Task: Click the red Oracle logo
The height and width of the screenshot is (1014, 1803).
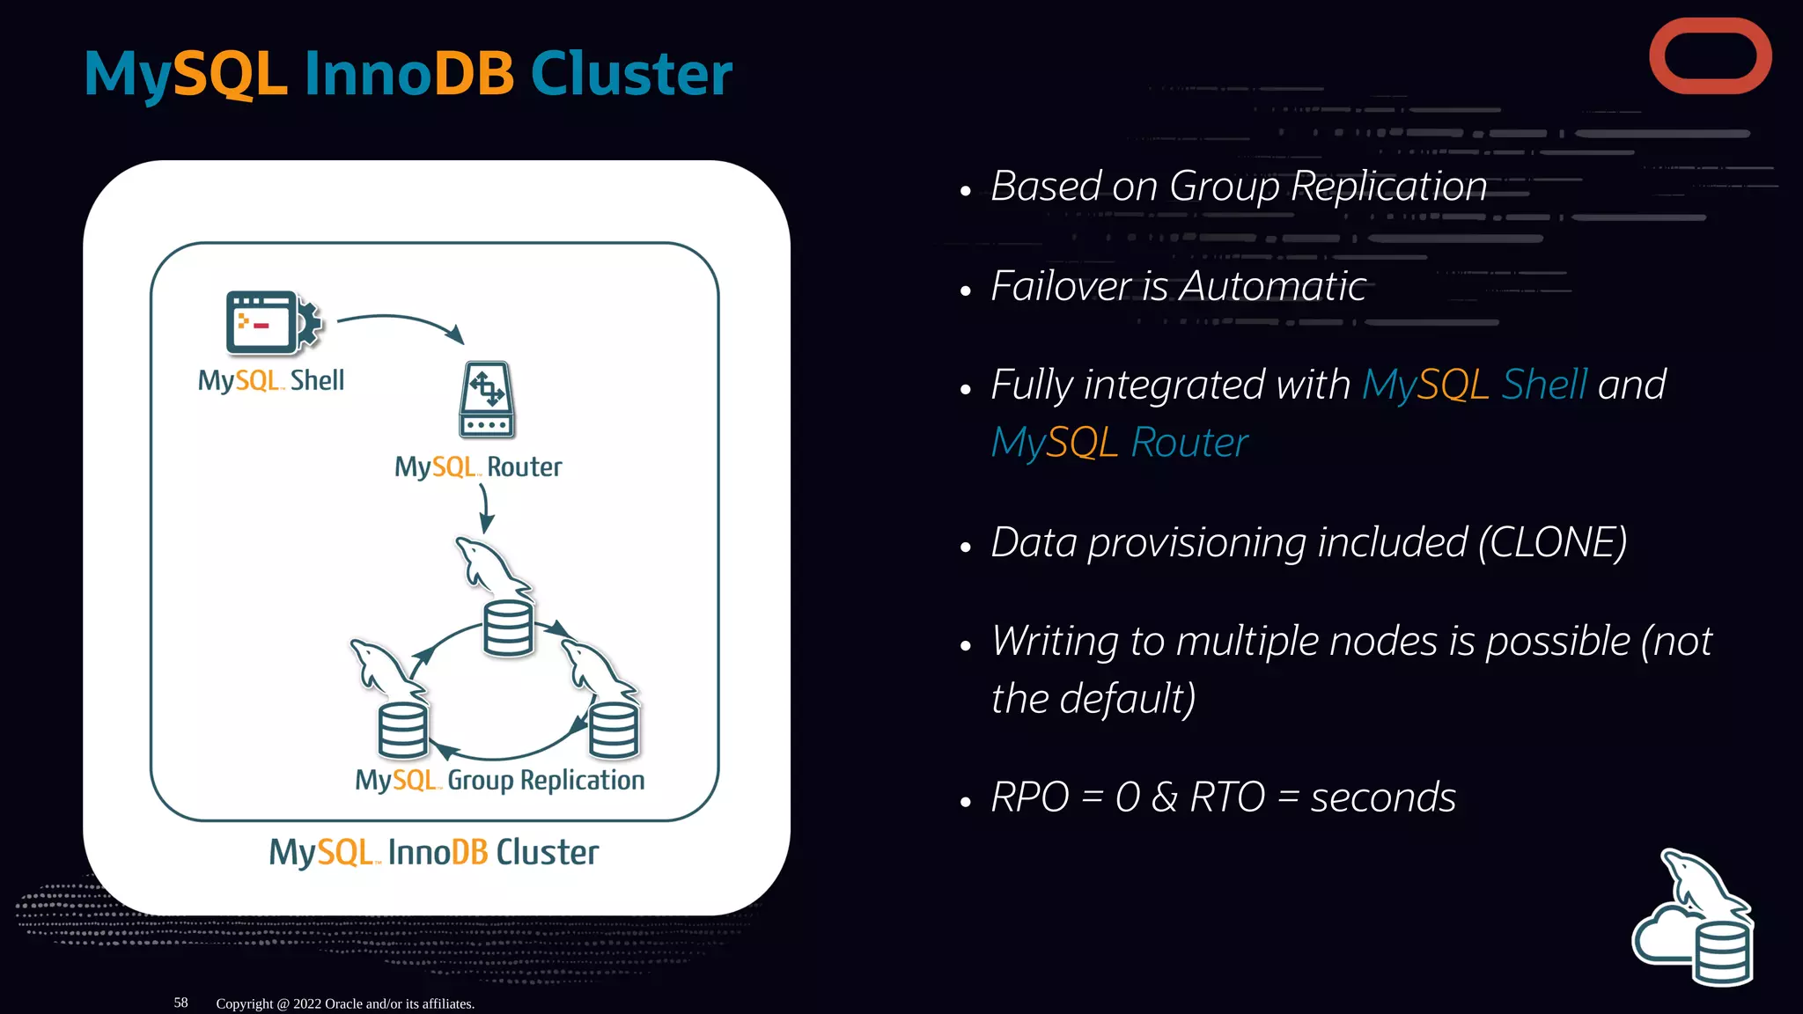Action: pos(1710,56)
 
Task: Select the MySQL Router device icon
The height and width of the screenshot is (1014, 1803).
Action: pos(486,400)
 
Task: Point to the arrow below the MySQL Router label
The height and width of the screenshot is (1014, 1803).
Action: pos(485,510)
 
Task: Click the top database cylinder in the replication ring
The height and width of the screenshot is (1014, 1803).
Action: pos(508,628)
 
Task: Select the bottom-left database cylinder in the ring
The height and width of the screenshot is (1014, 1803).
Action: pos(402,730)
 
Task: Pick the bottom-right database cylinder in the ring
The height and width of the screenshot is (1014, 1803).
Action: pos(614,730)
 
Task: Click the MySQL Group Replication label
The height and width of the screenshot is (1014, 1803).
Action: pos(499,781)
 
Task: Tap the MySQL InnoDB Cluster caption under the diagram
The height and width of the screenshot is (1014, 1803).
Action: pos(433,852)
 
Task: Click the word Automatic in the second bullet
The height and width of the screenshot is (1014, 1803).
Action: pos(1272,286)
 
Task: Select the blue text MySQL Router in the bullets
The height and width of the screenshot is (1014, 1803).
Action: pos(1119,442)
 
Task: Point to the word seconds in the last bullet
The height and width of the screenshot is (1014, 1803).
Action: pos(1382,797)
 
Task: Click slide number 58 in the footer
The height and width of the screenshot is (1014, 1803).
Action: pos(180,1003)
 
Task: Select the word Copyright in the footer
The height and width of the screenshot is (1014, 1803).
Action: pos(245,1003)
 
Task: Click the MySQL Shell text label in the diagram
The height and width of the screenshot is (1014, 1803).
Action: pos(270,380)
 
